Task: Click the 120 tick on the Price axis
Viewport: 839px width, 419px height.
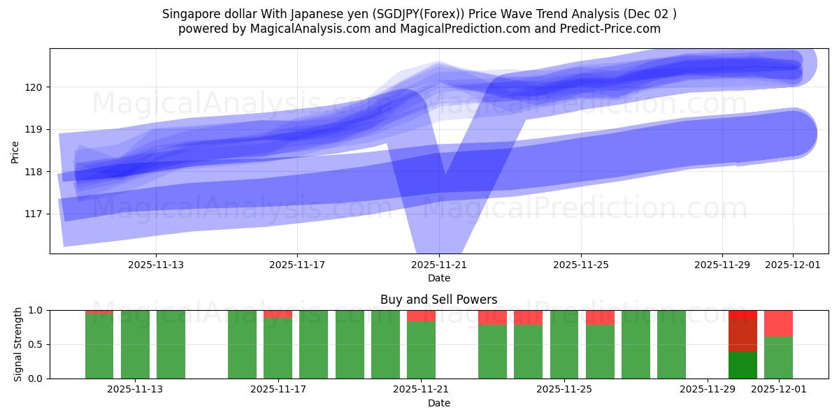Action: (x=36, y=87)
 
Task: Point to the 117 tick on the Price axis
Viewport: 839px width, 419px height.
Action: (x=36, y=214)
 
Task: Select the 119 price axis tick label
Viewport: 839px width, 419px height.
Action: (x=36, y=130)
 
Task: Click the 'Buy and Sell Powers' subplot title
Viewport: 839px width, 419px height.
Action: (x=438, y=300)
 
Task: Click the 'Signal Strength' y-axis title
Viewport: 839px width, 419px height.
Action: (x=18, y=344)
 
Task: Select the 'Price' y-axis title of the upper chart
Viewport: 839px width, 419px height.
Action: (x=15, y=151)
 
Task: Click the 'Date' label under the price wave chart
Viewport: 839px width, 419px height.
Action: (x=438, y=278)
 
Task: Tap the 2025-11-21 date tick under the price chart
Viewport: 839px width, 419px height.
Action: (x=439, y=265)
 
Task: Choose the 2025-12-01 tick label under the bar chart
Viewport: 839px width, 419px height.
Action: (x=778, y=390)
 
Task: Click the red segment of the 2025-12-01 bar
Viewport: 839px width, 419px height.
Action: (x=778, y=323)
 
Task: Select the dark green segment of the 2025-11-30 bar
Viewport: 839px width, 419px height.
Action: (x=743, y=365)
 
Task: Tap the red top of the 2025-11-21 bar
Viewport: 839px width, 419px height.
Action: (x=421, y=316)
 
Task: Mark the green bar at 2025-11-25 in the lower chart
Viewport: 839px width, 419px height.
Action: (x=564, y=344)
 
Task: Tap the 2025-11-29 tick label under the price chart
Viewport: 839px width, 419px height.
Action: (x=722, y=265)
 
